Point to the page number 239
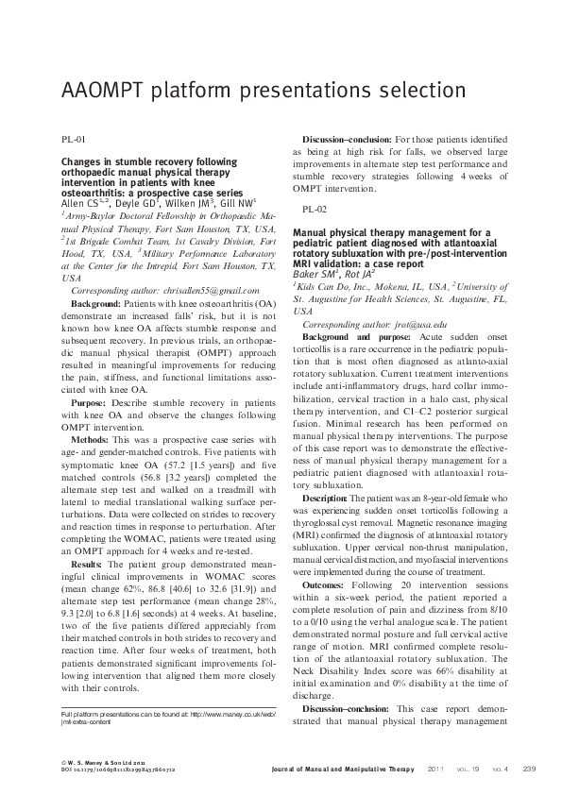(529, 769)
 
